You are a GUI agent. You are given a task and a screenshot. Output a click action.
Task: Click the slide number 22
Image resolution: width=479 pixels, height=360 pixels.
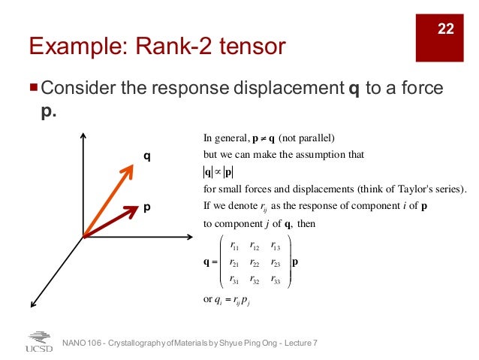(446, 29)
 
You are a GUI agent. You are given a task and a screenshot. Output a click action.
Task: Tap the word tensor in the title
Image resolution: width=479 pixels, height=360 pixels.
(255, 47)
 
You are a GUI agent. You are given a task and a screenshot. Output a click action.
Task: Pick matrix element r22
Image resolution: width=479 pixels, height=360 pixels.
(255, 264)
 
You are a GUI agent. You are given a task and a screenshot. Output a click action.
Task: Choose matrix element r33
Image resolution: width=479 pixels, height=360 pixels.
(276, 280)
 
